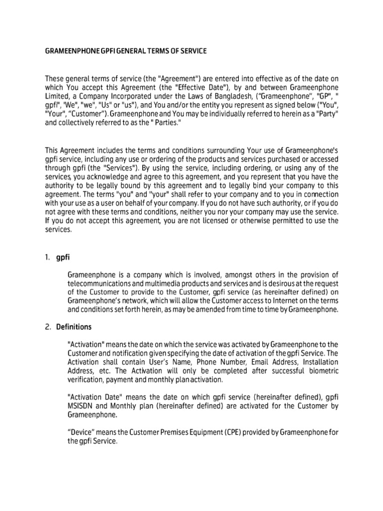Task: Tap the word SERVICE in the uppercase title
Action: tap(191, 51)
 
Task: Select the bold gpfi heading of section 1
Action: tap(63, 257)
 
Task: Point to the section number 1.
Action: tap(47, 257)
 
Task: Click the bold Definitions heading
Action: tap(74, 327)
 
